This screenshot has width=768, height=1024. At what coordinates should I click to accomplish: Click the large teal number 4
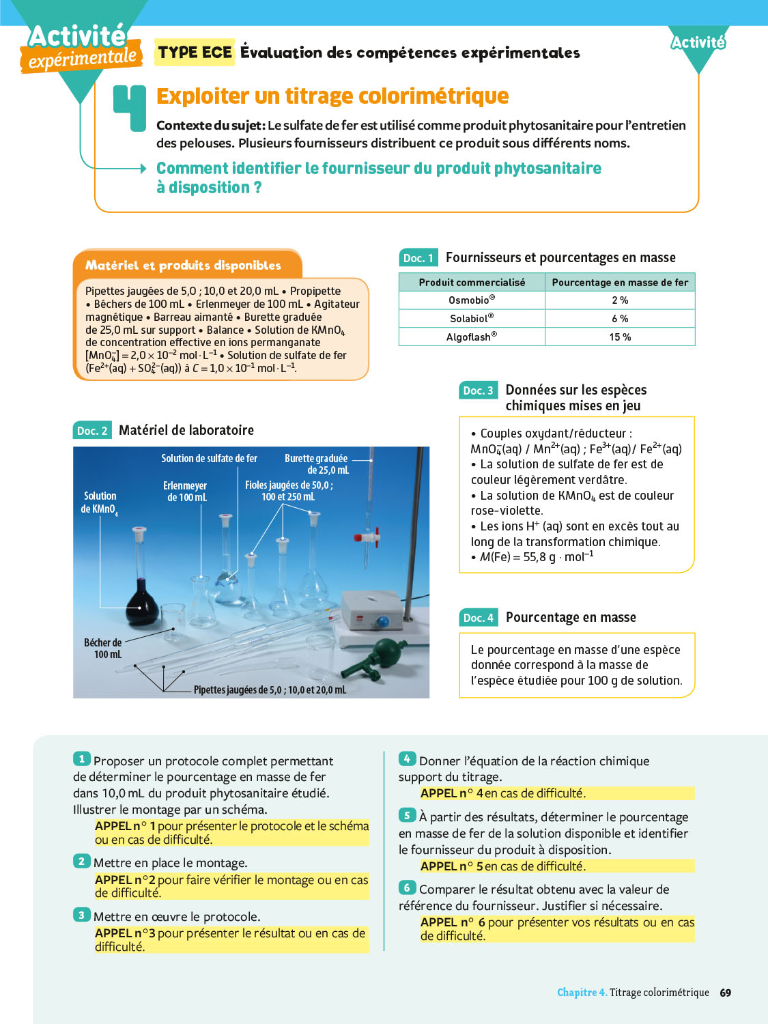coord(130,108)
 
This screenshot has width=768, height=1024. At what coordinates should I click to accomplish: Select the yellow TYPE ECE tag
coord(195,53)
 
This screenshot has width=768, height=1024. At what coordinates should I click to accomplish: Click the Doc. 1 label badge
coord(418,258)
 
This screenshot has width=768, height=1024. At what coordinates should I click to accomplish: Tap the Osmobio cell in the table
coord(472,300)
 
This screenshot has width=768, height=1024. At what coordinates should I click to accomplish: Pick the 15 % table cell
coord(620,337)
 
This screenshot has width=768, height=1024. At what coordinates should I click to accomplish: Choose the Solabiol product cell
coord(472,319)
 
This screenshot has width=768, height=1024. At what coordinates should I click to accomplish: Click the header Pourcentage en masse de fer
coord(620,283)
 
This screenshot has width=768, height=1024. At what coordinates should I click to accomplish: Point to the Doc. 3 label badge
coord(478,390)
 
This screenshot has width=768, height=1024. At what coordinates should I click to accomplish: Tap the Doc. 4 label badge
coord(478,618)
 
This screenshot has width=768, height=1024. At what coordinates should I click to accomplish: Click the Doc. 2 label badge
coord(92,431)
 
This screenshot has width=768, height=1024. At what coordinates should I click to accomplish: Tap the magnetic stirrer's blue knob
coord(382,622)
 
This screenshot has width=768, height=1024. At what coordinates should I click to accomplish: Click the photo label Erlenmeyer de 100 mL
coord(186,492)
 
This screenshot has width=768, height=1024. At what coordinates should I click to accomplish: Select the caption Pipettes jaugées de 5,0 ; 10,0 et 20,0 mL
coord(270,690)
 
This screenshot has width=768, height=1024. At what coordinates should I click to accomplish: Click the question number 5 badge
coord(407,815)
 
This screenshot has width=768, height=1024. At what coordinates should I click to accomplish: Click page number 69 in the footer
coord(726,993)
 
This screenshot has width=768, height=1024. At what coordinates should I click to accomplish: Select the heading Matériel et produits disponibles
coord(183,266)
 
